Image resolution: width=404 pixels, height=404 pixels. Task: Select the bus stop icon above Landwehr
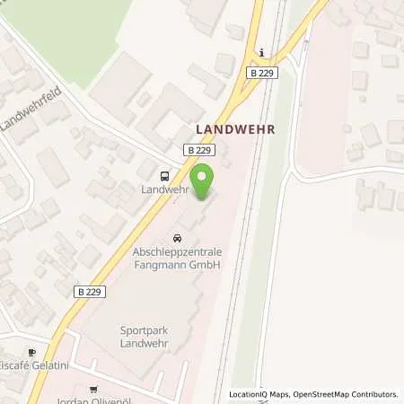click(x=165, y=176)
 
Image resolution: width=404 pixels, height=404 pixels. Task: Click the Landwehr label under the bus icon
click(x=165, y=189)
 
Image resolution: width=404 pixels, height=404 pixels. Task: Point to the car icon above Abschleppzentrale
click(x=177, y=239)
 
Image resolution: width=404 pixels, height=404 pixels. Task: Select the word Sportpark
click(x=144, y=330)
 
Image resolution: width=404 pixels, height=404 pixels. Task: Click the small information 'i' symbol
click(x=260, y=51)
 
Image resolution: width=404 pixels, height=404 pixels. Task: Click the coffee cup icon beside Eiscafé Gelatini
click(x=34, y=352)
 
